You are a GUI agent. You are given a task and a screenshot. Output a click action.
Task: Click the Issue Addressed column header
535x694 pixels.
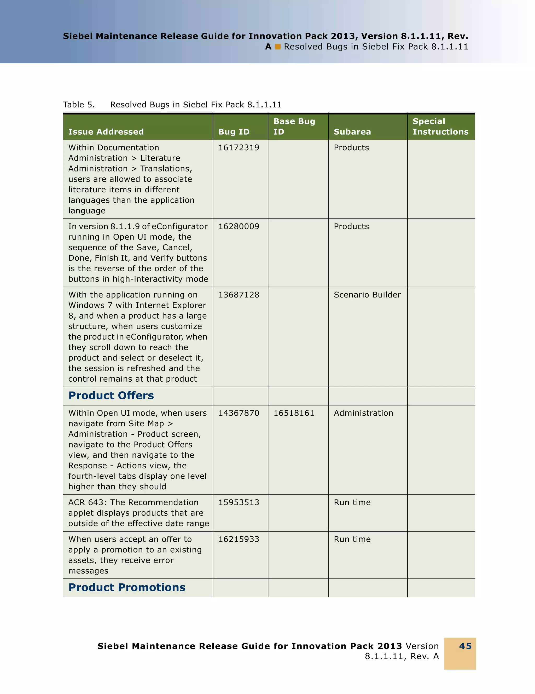(x=106, y=131)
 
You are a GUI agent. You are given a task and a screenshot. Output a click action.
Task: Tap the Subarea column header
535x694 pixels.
(x=352, y=131)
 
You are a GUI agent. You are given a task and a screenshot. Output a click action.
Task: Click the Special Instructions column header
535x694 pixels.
(x=440, y=127)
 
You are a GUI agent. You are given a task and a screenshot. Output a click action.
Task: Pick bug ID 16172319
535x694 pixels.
(x=239, y=148)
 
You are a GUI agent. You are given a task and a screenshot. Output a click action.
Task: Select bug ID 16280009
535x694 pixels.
(x=239, y=227)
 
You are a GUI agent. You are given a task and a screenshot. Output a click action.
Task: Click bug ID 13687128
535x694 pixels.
(x=239, y=295)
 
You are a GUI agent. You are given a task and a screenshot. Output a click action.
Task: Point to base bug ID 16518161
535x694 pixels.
(x=294, y=413)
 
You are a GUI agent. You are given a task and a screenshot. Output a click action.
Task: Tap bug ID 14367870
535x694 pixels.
(x=239, y=413)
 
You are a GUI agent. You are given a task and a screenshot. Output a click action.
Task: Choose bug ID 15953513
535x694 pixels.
(x=239, y=502)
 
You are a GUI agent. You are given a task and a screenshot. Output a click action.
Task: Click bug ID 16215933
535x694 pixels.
(x=239, y=539)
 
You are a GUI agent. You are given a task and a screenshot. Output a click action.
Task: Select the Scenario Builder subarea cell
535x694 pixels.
(x=367, y=295)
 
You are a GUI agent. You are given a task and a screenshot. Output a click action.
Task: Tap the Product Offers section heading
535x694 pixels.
(x=111, y=395)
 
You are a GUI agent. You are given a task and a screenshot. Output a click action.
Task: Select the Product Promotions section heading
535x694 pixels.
(x=127, y=588)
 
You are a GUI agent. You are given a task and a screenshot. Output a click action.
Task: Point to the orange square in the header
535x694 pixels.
(x=278, y=47)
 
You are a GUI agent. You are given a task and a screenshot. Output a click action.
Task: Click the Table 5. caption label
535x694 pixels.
(x=79, y=105)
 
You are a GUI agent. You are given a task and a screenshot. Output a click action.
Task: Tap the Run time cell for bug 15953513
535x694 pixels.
(x=352, y=502)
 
